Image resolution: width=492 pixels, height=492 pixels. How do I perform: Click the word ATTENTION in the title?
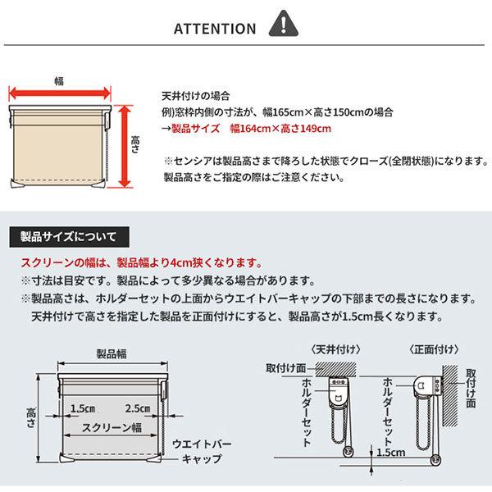click(215, 29)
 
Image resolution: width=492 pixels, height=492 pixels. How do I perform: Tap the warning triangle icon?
click(282, 26)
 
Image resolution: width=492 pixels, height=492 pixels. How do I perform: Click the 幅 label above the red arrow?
click(60, 80)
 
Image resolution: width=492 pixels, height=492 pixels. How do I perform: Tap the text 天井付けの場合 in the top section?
click(192, 95)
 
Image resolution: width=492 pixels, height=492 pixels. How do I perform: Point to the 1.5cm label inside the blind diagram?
click(84, 408)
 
